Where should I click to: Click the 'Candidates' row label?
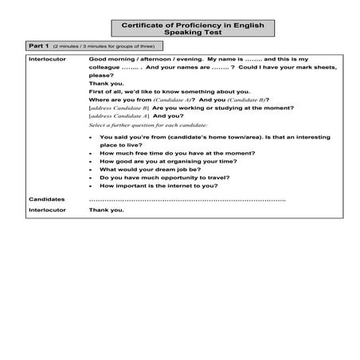coord(45,198)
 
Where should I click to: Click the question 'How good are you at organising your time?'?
coord(162,161)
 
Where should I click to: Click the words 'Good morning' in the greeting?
coord(111,60)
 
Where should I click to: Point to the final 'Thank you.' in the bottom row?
coord(107,210)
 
